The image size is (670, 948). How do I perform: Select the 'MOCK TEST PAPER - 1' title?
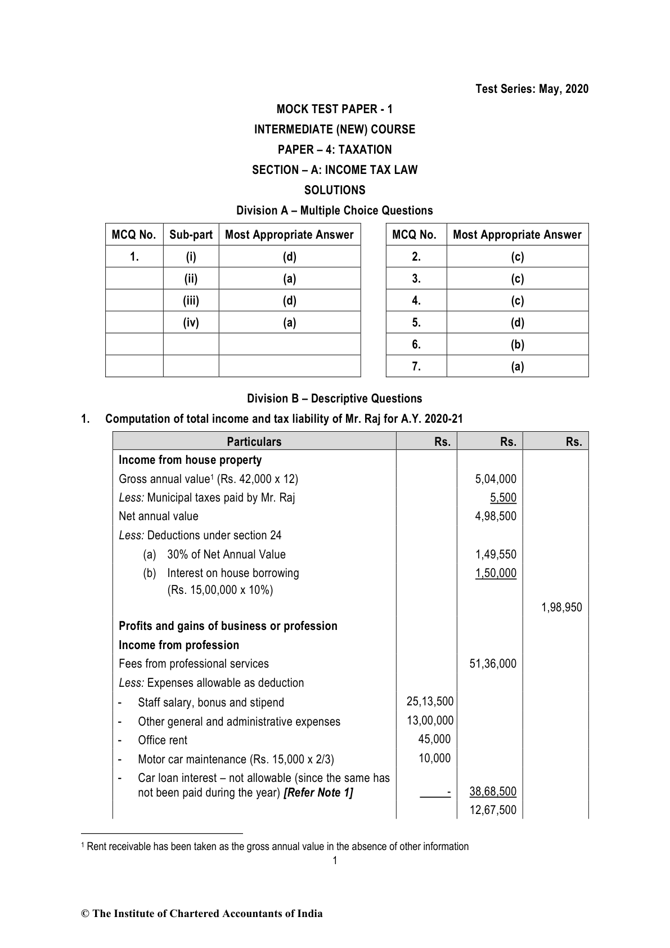pos(335,109)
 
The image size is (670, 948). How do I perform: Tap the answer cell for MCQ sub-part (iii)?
pos(289,301)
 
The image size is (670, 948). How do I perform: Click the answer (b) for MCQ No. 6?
pos(517,345)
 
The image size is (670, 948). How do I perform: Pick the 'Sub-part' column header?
pos(191,235)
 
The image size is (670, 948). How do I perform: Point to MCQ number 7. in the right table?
pos(416,366)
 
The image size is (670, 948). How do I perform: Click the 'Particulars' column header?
pos(254,442)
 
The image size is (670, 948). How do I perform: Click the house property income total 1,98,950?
pos(561,607)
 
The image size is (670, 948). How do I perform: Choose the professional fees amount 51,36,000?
pos(492,664)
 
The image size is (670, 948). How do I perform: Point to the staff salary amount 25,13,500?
pos(430,701)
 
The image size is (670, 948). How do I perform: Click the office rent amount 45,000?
pos(434,739)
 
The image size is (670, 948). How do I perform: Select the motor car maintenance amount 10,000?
pos(434,758)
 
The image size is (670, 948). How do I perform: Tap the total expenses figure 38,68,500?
pos(493,792)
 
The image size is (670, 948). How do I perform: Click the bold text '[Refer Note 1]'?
pos(318,793)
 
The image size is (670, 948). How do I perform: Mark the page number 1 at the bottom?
pos(335,860)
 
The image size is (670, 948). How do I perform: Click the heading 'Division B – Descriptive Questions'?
pos(334,399)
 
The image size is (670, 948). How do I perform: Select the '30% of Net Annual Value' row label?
pos(226,555)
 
